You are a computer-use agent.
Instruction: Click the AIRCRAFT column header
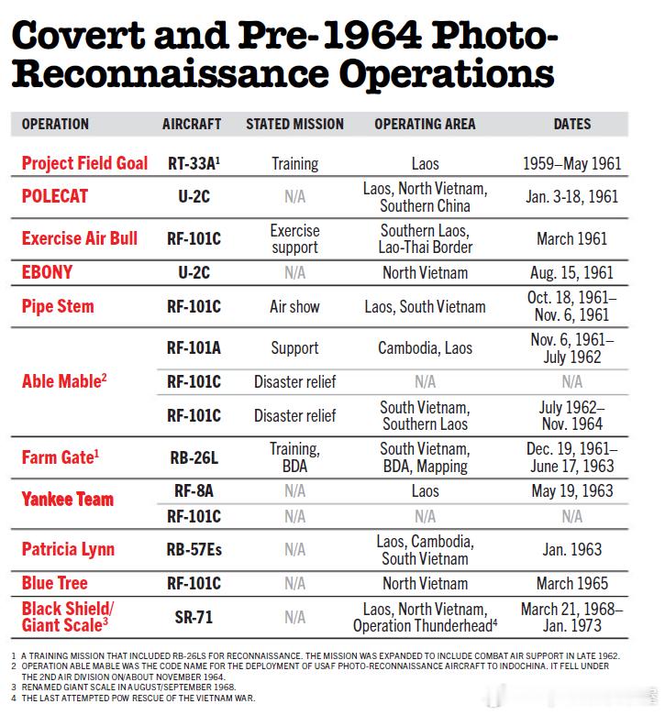192,124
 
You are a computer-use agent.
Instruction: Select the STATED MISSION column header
294,124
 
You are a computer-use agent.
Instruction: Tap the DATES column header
571,124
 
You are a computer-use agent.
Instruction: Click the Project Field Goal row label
84,163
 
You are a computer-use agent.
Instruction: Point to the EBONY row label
47,272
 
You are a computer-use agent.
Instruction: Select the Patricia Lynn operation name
68,549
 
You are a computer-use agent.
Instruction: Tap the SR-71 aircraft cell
193,617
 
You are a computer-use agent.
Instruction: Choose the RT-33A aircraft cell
193,164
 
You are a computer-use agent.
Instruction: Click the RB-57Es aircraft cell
193,549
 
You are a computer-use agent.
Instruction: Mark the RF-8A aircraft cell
193,490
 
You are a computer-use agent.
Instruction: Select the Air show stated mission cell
294,306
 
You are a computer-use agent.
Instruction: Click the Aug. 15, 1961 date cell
571,272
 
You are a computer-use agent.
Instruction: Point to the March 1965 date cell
571,583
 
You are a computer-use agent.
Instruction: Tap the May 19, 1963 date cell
571,490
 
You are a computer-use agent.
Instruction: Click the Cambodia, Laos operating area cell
425,348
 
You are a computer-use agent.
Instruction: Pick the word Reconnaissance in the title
165,72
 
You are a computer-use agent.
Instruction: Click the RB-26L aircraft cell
193,456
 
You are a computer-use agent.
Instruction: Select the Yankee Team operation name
68,500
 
